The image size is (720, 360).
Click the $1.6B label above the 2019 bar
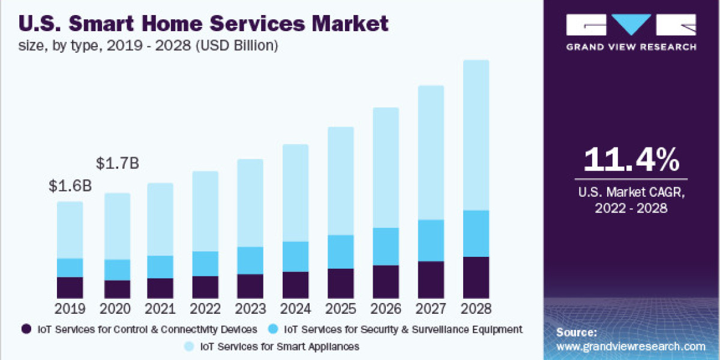pos(70,186)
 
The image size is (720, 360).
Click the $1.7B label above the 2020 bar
pos(118,163)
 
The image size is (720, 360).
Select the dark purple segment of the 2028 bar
pos(476,277)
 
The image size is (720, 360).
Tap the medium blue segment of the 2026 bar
pos(386,247)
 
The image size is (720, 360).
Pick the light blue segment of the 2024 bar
pos(295,193)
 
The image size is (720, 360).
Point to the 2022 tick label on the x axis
pos(205,310)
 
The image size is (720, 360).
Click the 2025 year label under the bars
pos(341,310)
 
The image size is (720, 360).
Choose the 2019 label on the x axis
pos(70,310)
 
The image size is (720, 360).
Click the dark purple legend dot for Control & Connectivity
pos(26,329)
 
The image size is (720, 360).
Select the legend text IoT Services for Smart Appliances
pos(280,346)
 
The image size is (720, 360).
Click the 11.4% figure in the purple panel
pos(631,160)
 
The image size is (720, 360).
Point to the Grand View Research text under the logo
pos(631,47)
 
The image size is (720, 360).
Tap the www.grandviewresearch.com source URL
pos(631,346)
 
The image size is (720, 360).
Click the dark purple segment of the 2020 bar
pos(118,289)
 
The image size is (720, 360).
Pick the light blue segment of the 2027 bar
pos(431,152)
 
